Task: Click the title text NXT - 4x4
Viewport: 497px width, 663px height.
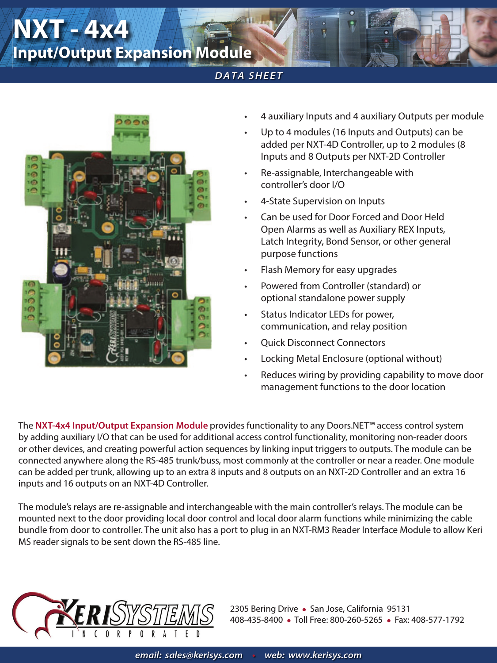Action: coord(71,29)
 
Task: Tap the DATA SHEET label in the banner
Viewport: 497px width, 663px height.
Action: coord(249,76)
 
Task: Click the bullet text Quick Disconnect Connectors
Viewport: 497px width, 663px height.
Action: coord(322,343)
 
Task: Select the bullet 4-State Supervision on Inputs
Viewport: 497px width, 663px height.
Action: coord(322,201)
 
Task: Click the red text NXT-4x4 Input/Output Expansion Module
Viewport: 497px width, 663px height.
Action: coord(121,425)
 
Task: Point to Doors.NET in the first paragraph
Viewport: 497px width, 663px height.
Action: coord(348,425)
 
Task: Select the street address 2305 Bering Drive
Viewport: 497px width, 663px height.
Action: coord(264,609)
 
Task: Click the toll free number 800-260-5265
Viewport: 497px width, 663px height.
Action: coord(356,620)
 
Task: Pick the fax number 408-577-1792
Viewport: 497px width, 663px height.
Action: coord(437,620)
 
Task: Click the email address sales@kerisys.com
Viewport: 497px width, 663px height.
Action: coord(204,655)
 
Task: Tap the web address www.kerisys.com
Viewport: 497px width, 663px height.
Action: coord(325,655)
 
